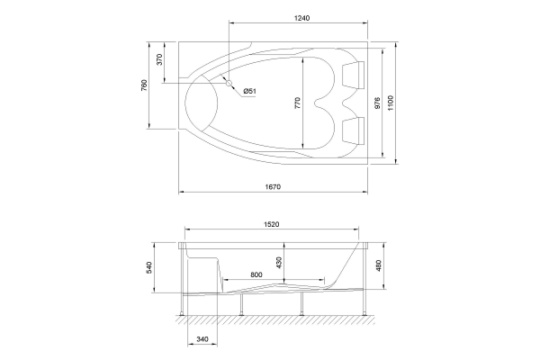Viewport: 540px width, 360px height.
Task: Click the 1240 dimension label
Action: point(301,18)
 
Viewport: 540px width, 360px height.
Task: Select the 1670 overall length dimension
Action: point(273,186)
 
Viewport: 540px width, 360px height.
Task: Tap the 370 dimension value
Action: point(159,59)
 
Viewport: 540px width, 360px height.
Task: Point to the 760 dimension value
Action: point(144,85)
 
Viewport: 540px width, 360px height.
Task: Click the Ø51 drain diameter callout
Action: point(249,91)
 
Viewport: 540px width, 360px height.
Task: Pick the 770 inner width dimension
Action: point(298,103)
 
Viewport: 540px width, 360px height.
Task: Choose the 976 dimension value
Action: point(377,103)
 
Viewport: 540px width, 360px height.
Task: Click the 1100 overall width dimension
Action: point(391,103)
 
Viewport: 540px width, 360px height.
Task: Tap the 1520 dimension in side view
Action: point(272,224)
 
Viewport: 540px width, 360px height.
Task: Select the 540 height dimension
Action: point(149,267)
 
